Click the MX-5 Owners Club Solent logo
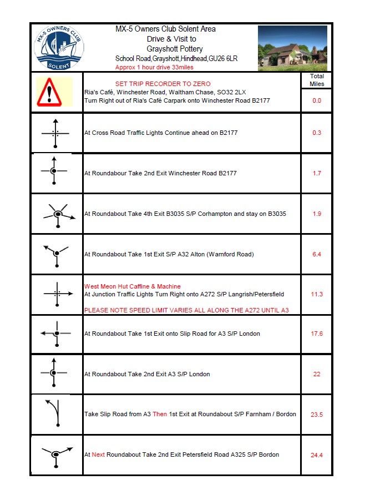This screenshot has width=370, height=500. tap(58, 47)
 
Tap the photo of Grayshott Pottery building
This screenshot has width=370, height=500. tap(292, 48)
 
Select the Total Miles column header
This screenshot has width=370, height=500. tap(317, 80)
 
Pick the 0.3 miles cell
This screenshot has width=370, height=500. tap(317, 133)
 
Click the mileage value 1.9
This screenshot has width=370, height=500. tap(317, 214)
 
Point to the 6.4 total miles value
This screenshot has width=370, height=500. tap(317, 255)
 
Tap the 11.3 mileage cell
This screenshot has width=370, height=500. tap(317, 295)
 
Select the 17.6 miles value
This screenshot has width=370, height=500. tap(317, 334)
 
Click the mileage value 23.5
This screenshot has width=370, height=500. tap(317, 415)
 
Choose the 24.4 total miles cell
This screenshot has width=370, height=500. tap(317, 455)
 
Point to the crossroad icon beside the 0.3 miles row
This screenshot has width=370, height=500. tap(55, 133)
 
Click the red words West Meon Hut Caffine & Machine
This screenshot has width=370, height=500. tap(132, 286)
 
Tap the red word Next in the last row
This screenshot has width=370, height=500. tap(98, 454)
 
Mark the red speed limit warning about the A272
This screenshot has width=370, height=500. tap(186, 310)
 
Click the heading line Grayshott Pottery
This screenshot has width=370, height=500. tap(171, 49)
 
